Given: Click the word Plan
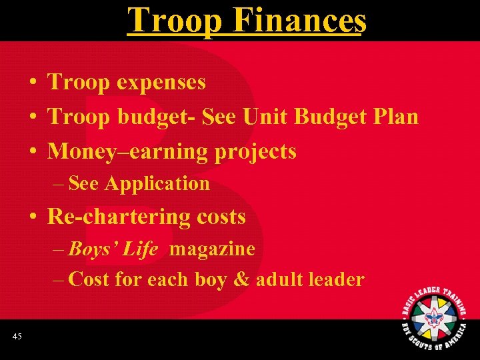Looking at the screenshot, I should pyautogui.click(x=396, y=117).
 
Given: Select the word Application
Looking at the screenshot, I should pyautogui.click(x=157, y=183).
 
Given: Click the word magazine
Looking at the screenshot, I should pyautogui.click(x=212, y=249).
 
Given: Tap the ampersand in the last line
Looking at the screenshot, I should pyautogui.click(x=241, y=279).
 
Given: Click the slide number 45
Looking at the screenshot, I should pyautogui.click(x=17, y=337).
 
